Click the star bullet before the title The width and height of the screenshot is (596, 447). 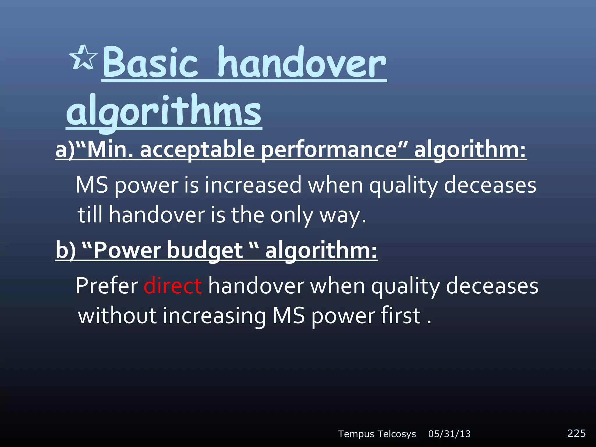pyautogui.click(x=84, y=58)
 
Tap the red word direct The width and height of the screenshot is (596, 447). pyautogui.click(x=173, y=286)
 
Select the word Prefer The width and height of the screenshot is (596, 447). pyautogui.click(x=107, y=286)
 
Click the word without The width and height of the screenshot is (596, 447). pyautogui.click(x=117, y=316)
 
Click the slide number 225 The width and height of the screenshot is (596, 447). pyautogui.click(x=576, y=433)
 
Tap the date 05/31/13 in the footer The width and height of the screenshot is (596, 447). pyautogui.click(x=449, y=434)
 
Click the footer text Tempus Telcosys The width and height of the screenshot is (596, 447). pyautogui.click(x=377, y=434)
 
